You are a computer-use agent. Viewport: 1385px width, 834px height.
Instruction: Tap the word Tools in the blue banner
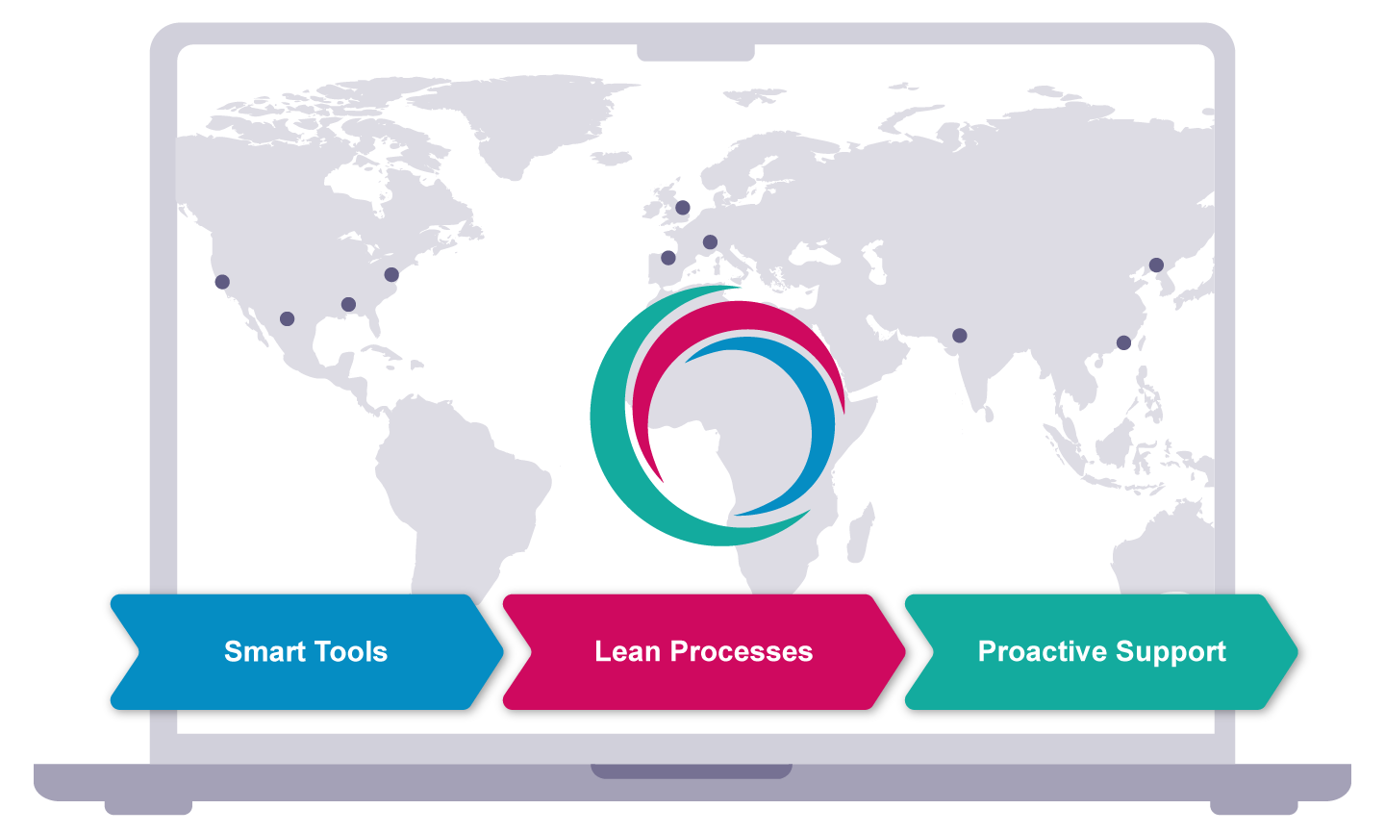(x=350, y=652)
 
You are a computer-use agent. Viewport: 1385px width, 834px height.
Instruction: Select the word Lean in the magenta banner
(x=628, y=652)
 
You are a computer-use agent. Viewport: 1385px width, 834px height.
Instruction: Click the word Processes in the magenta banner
(x=742, y=652)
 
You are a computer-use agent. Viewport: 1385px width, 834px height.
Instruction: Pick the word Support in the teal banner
(x=1171, y=652)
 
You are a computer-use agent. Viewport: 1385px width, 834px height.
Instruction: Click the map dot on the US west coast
(x=222, y=282)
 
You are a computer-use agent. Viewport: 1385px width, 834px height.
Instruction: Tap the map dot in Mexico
(x=287, y=318)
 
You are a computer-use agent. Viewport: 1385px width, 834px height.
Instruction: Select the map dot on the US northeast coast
(x=391, y=274)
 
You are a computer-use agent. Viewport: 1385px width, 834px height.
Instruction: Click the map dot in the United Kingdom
(x=683, y=207)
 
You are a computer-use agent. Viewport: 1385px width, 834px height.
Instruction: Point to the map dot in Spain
(x=668, y=258)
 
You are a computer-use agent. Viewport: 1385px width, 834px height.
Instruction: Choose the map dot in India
(x=959, y=336)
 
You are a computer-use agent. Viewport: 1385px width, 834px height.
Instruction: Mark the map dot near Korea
(x=1156, y=265)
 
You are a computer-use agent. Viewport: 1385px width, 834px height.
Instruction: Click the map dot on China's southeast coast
(x=1123, y=342)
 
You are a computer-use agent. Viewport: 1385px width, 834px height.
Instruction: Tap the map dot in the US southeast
(x=348, y=305)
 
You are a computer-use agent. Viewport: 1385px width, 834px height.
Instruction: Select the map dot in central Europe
(x=710, y=242)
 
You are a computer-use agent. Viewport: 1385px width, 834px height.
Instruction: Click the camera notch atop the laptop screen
(x=695, y=52)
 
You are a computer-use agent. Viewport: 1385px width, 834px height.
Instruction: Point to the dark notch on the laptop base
(x=692, y=771)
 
